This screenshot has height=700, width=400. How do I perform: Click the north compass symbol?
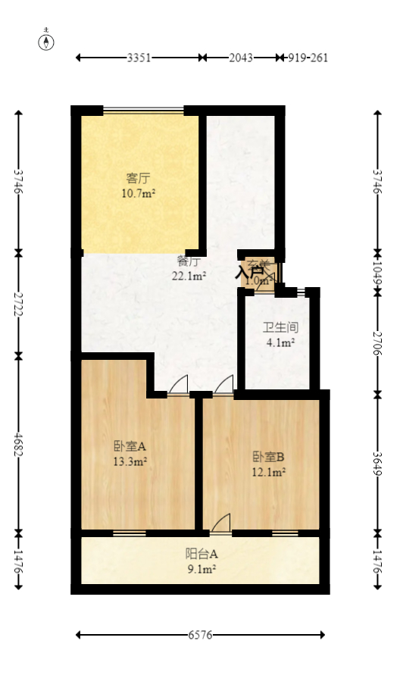pyautogui.click(x=47, y=42)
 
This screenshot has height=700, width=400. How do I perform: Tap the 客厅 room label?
pyautogui.click(x=138, y=179)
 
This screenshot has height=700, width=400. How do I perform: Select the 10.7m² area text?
pyautogui.click(x=138, y=193)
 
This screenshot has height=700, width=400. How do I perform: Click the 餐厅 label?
pyautogui.click(x=189, y=262)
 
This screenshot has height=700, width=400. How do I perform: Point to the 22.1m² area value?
pyautogui.click(x=189, y=277)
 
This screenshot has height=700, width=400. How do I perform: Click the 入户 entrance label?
pyautogui.click(x=250, y=271)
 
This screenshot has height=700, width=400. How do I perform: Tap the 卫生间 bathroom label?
pyautogui.click(x=280, y=328)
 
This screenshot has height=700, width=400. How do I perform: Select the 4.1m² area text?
pyautogui.click(x=280, y=342)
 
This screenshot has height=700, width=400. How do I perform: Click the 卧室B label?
pyautogui.click(x=268, y=457)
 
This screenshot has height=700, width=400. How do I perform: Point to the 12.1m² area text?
pyautogui.click(x=268, y=472)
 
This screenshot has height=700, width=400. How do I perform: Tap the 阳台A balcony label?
pyautogui.click(x=202, y=554)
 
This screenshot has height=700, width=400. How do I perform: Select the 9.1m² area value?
pyautogui.click(x=202, y=569)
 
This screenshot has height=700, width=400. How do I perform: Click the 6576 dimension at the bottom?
pyautogui.click(x=200, y=635)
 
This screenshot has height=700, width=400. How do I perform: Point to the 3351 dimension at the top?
pyautogui.click(x=138, y=58)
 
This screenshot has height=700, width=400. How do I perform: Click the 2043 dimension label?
pyautogui.click(x=242, y=58)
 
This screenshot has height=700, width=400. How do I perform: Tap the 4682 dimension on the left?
pyautogui.click(x=19, y=443)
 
